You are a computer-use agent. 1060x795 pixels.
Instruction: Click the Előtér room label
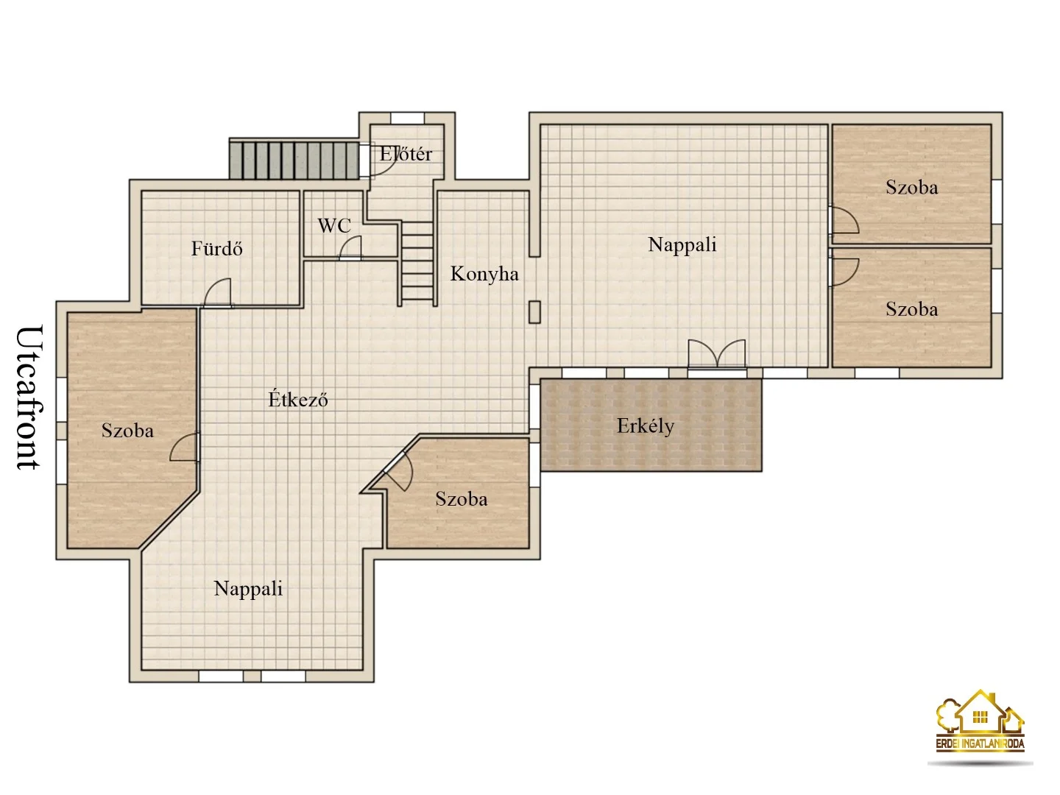coord(405,154)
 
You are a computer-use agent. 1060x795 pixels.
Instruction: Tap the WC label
coord(334,225)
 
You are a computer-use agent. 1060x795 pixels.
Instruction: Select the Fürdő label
coord(217,249)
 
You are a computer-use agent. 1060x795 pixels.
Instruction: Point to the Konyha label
coord(484,274)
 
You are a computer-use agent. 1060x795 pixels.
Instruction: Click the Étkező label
coord(298,399)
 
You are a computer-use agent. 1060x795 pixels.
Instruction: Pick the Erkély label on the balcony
coord(645,426)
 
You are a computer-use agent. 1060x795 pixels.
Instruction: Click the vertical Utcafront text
coord(30,397)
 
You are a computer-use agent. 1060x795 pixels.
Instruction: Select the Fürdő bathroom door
coord(217,293)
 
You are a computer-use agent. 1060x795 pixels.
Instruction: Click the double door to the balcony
coord(717,355)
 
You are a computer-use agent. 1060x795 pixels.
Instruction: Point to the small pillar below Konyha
coord(534,312)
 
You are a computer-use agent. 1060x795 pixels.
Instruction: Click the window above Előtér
coord(407,119)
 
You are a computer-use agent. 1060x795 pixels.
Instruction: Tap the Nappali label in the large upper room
coord(682,244)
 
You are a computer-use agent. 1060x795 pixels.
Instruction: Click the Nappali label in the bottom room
coord(248,588)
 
